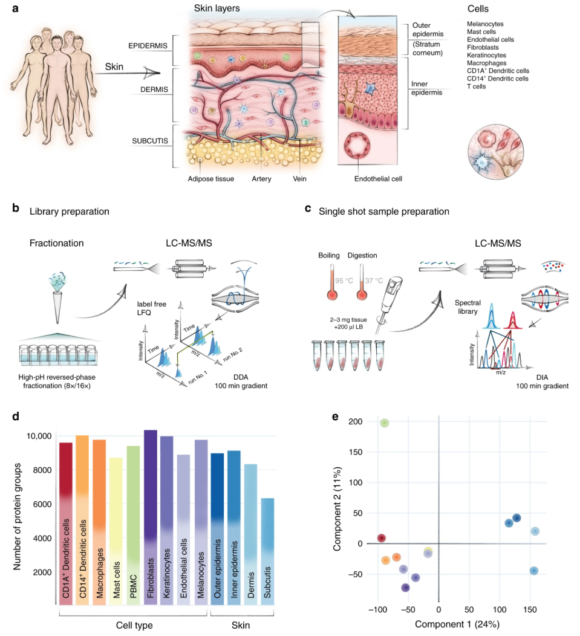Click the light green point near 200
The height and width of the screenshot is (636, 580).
click(384, 423)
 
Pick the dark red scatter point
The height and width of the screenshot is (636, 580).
click(381, 538)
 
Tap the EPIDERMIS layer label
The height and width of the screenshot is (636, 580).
click(148, 45)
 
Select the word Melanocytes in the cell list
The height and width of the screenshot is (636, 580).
click(485, 24)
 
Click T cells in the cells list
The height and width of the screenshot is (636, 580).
click(477, 86)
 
